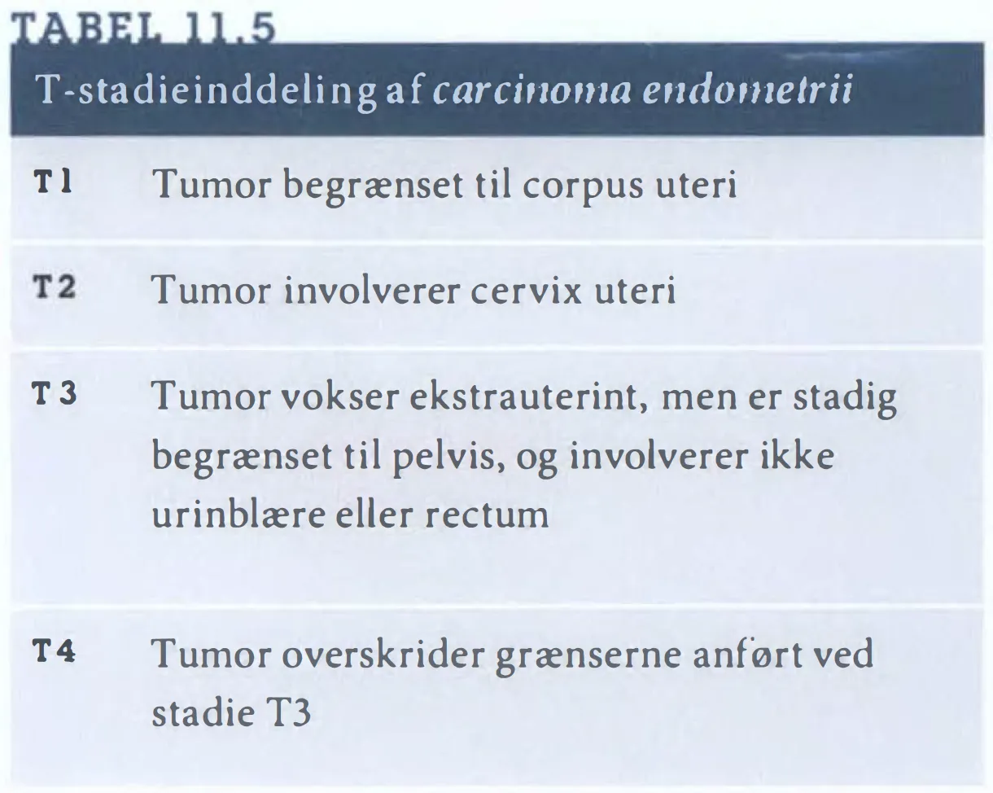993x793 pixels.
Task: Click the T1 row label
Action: pyautogui.click(x=53, y=182)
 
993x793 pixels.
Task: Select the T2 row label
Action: pyautogui.click(x=54, y=287)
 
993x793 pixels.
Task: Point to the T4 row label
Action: pyautogui.click(x=54, y=650)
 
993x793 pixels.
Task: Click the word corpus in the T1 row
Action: pyautogui.click(x=583, y=188)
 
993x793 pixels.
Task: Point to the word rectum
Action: pyautogui.click(x=487, y=515)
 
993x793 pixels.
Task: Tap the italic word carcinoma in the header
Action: pyautogui.click(x=531, y=90)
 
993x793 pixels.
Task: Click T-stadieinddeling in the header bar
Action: pyautogui.click(x=205, y=90)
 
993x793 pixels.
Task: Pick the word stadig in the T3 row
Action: pyautogui.click(x=844, y=398)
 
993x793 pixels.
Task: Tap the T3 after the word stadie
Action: pyautogui.click(x=288, y=712)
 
